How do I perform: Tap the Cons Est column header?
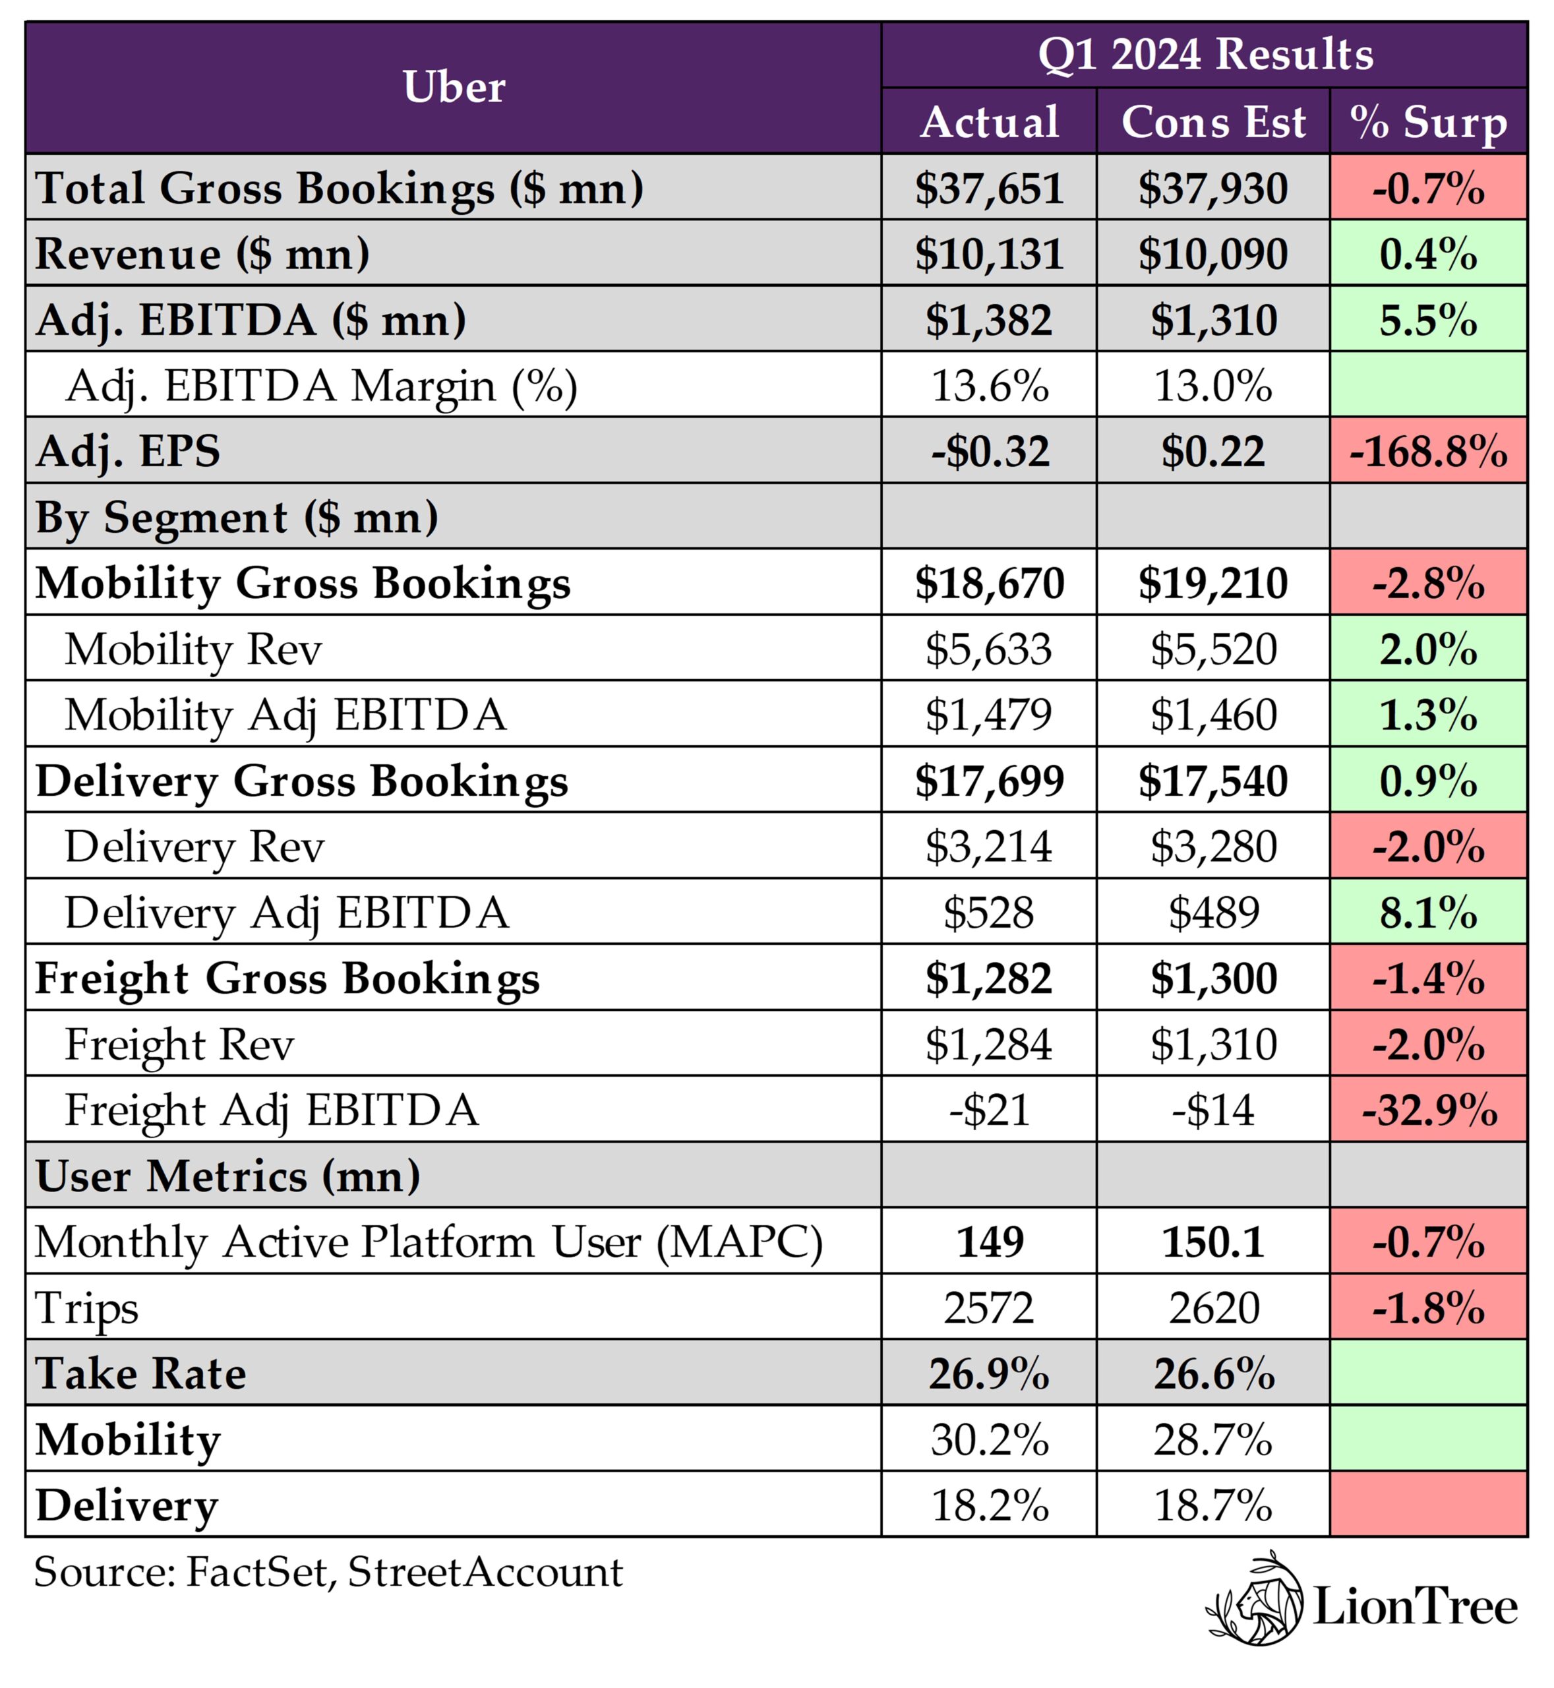pyautogui.click(x=1212, y=122)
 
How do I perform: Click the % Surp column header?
pyautogui.click(x=1428, y=122)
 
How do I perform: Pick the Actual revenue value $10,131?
pyautogui.click(x=989, y=253)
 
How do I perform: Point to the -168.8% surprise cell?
pyautogui.click(x=1428, y=451)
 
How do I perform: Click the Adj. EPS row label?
pyautogui.click(x=128, y=451)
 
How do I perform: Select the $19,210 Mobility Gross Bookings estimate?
pyautogui.click(x=1212, y=583)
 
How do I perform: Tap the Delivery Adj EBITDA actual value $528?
pyautogui.click(x=989, y=913)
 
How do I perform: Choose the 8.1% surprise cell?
pyautogui.click(x=1428, y=913)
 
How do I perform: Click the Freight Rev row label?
pyautogui.click(x=179, y=1044)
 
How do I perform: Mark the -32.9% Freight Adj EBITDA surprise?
pyautogui.click(x=1428, y=1110)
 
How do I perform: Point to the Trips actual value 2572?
pyautogui.click(x=989, y=1308)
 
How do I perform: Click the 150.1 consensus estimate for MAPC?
pyautogui.click(x=1212, y=1242)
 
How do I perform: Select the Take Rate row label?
pyautogui.click(x=140, y=1373)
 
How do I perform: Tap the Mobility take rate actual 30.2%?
pyautogui.click(x=989, y=1440)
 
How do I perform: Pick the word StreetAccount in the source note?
pyautogui.click(x=485, y=1572)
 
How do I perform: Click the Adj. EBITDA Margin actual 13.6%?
pyautogui.click(x=989, y=385)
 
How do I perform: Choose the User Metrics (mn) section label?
pyautogui.click(x=227, y=1176)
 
